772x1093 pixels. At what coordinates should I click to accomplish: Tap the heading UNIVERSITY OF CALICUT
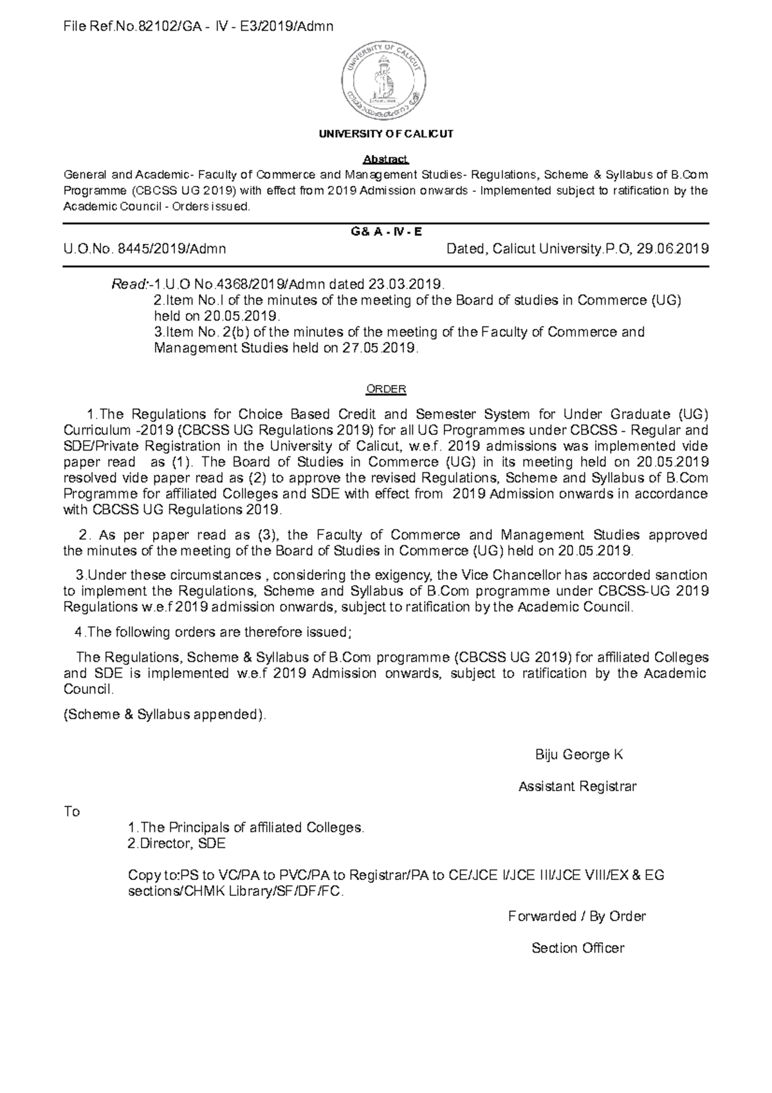point(386,134)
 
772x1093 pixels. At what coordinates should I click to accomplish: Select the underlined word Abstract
point(386,159)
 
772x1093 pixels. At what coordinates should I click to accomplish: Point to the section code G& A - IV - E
point(386,232)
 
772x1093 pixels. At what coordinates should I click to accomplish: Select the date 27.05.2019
point(381,348)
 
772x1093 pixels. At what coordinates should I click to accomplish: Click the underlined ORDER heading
point(386,389)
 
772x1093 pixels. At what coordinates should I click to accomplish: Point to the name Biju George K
point(579,755)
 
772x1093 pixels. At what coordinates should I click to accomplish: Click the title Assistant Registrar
point(578,787)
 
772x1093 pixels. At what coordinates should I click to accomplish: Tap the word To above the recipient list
point(72,812)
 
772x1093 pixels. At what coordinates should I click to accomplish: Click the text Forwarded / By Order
point(577,916)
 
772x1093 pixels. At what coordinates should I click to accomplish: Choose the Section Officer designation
point(578,948)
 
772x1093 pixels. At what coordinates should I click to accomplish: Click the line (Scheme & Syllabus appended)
point(164,715)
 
